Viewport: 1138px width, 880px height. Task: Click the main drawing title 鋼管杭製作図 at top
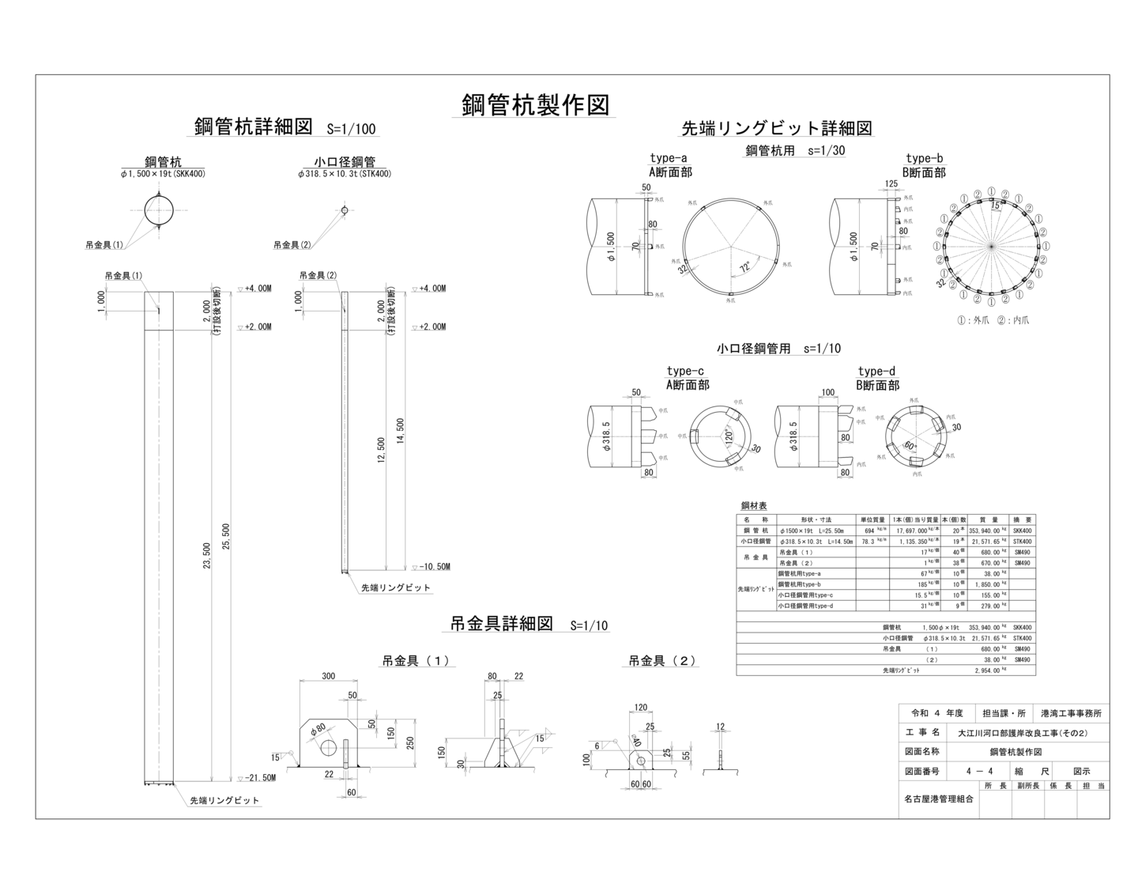pyautogui.click(x=535, y=104)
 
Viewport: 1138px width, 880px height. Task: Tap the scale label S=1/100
pyautogui.click(x=351, y=129)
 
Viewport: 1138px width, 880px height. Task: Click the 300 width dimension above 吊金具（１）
pyautogui.click(x=328, y=676)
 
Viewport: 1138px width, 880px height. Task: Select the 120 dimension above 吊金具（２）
pyautogui.click(x=640, y=708)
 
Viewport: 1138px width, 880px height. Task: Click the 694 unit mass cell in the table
pyautogui.click(x=869, y=531)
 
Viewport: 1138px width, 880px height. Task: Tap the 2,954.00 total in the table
pyautogui.click(x=988, y=670)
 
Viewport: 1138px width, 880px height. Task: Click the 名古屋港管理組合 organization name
pyautogui.click(x=938, y=799)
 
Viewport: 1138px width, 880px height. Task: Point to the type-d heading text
pyautogui.click(x=876, y=372)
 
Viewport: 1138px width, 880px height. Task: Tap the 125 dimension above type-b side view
pyautogui.click(x=891, y=184)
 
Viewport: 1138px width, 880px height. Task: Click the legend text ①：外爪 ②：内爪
pyautogui.click(x=993, y=320)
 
